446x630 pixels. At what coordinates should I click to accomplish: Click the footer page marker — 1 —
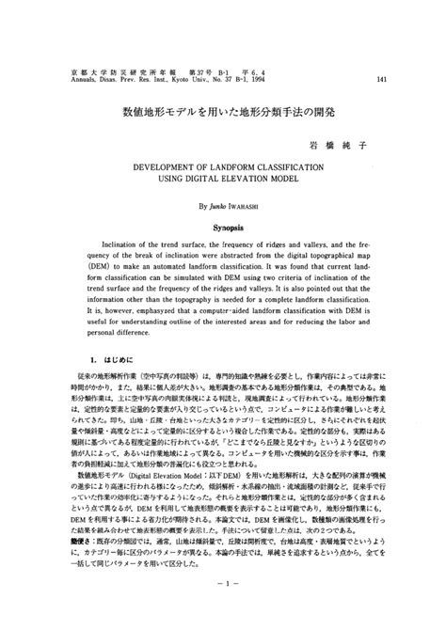tap(222, 608)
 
